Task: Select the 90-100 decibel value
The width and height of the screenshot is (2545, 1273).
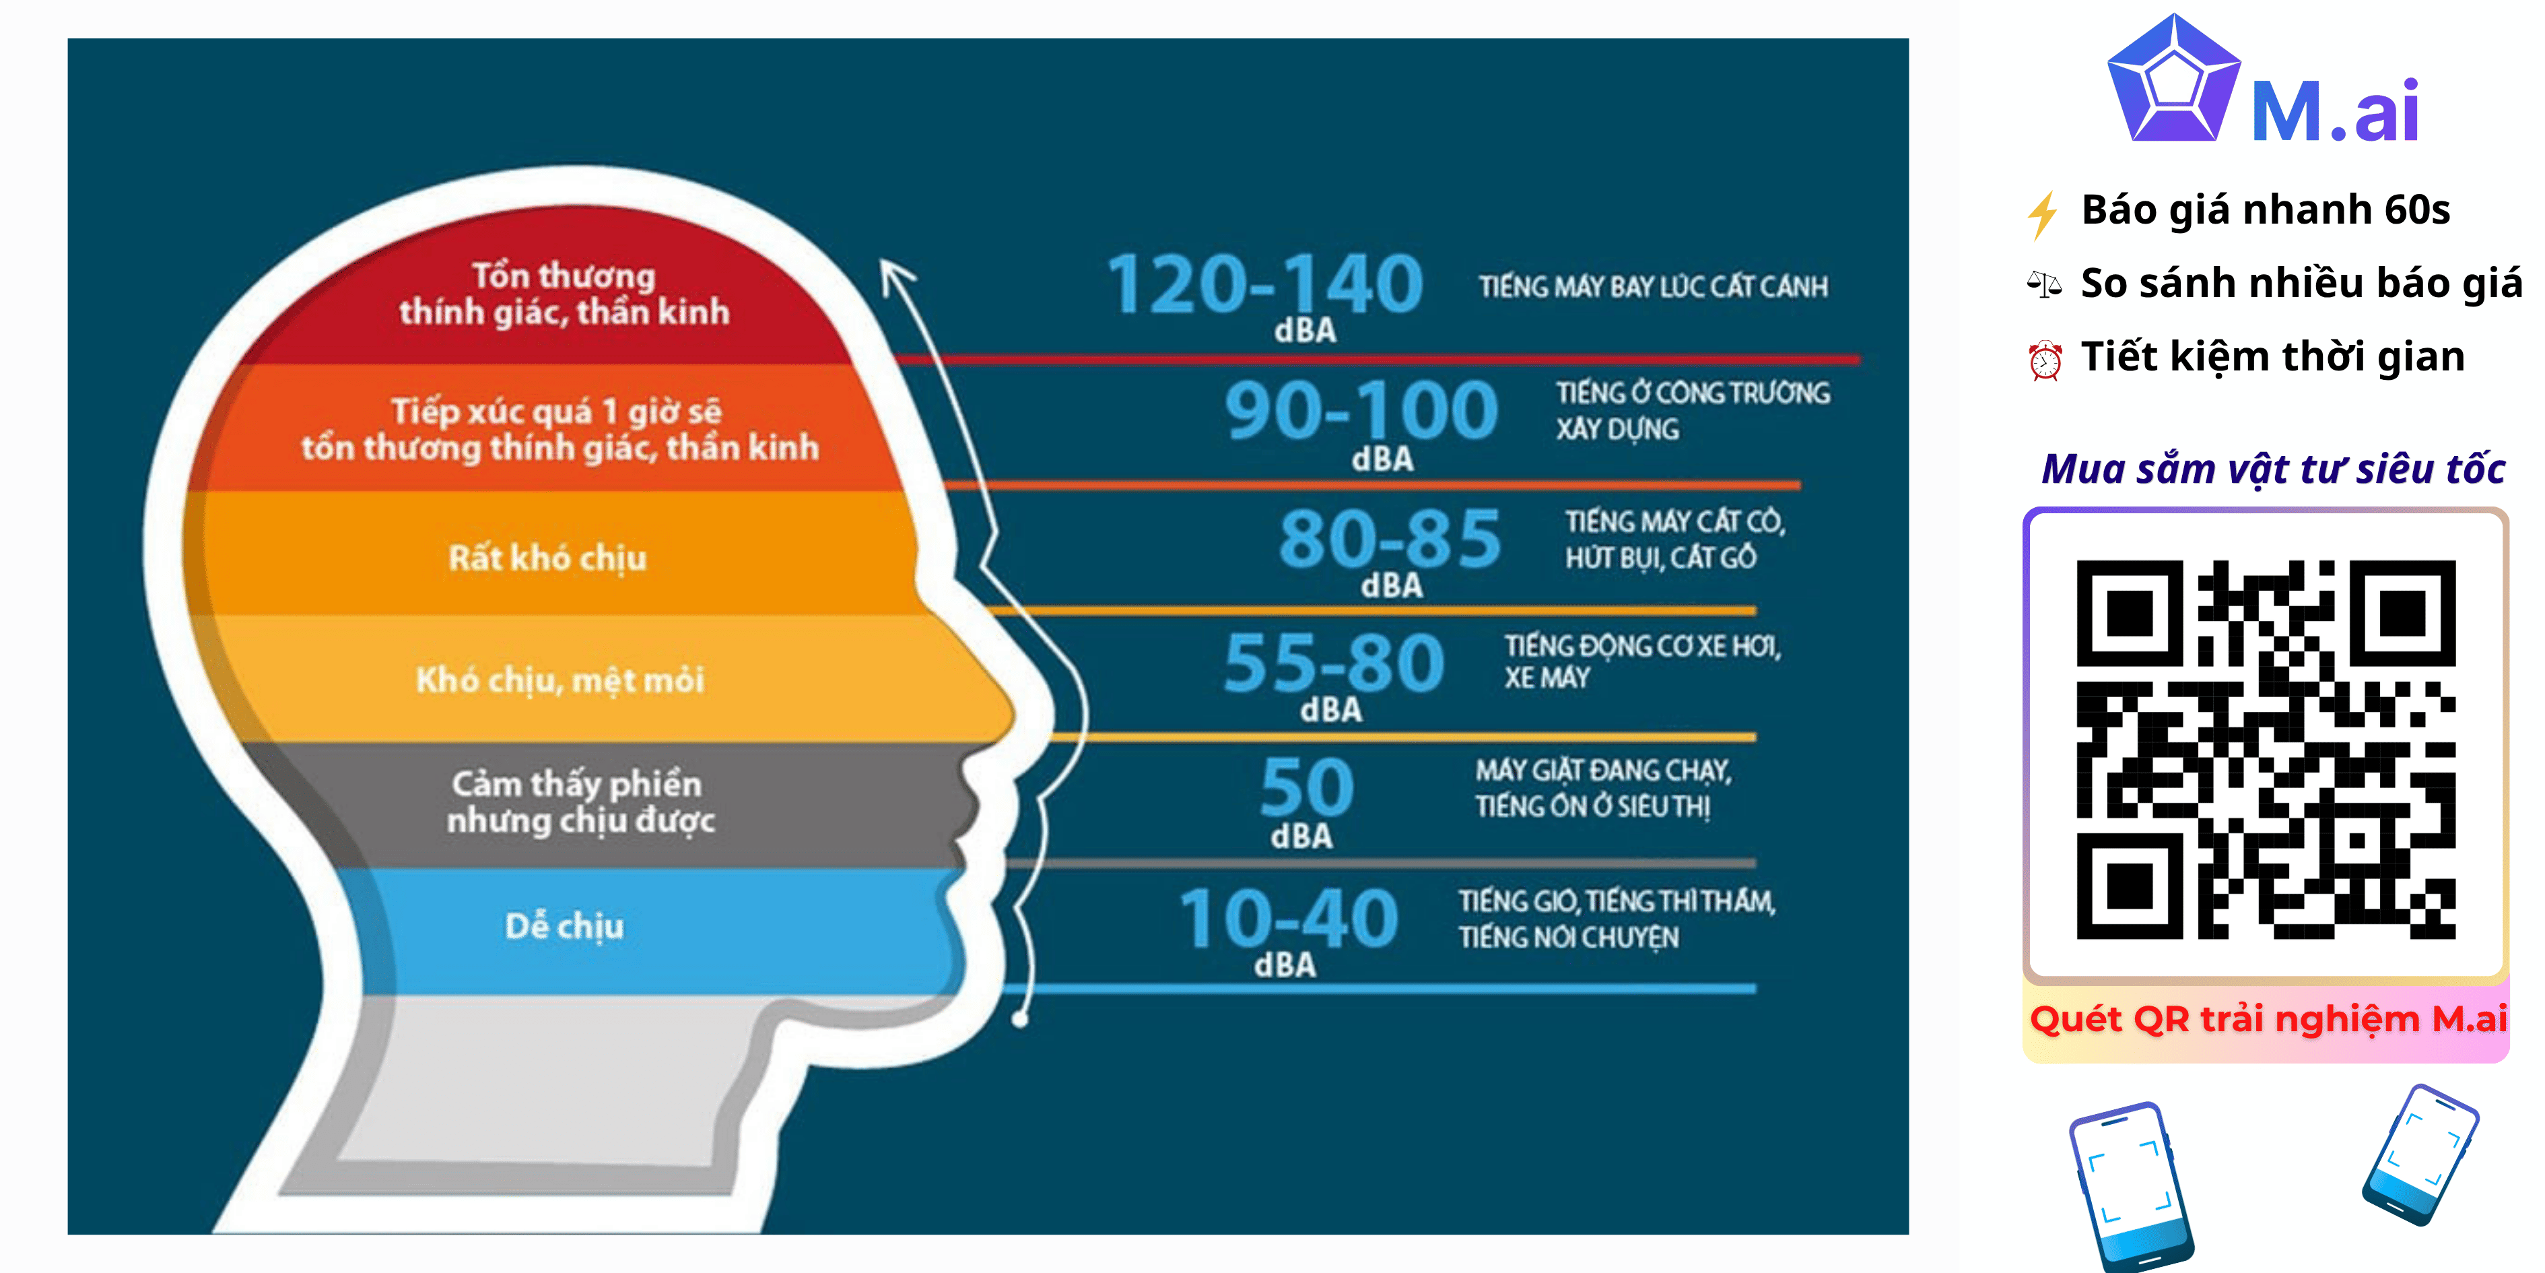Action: pos(1361,410)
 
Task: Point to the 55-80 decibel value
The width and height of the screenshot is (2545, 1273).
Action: pos(1334,662)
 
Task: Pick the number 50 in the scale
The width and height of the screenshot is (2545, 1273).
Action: pos(1307,788)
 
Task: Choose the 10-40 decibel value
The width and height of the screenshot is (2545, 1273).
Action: pos(1288,918)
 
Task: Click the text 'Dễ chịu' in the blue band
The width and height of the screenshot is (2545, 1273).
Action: pos(564,926)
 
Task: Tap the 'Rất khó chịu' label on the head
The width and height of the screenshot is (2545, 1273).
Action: pos(547,558)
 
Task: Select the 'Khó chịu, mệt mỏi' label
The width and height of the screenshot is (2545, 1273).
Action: pos(560,680)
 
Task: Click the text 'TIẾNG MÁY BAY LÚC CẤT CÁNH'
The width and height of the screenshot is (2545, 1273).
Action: pos(1653,287)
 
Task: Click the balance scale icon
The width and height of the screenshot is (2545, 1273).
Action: pos(2043,285)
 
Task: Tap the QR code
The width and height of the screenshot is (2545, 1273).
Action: pos(2266,749)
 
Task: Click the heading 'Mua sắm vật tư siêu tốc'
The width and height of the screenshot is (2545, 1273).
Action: pos(2272,469)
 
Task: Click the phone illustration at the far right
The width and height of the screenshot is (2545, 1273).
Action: pos(2420,1154)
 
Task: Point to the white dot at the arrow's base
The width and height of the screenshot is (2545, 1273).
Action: pos(1021,1018)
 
